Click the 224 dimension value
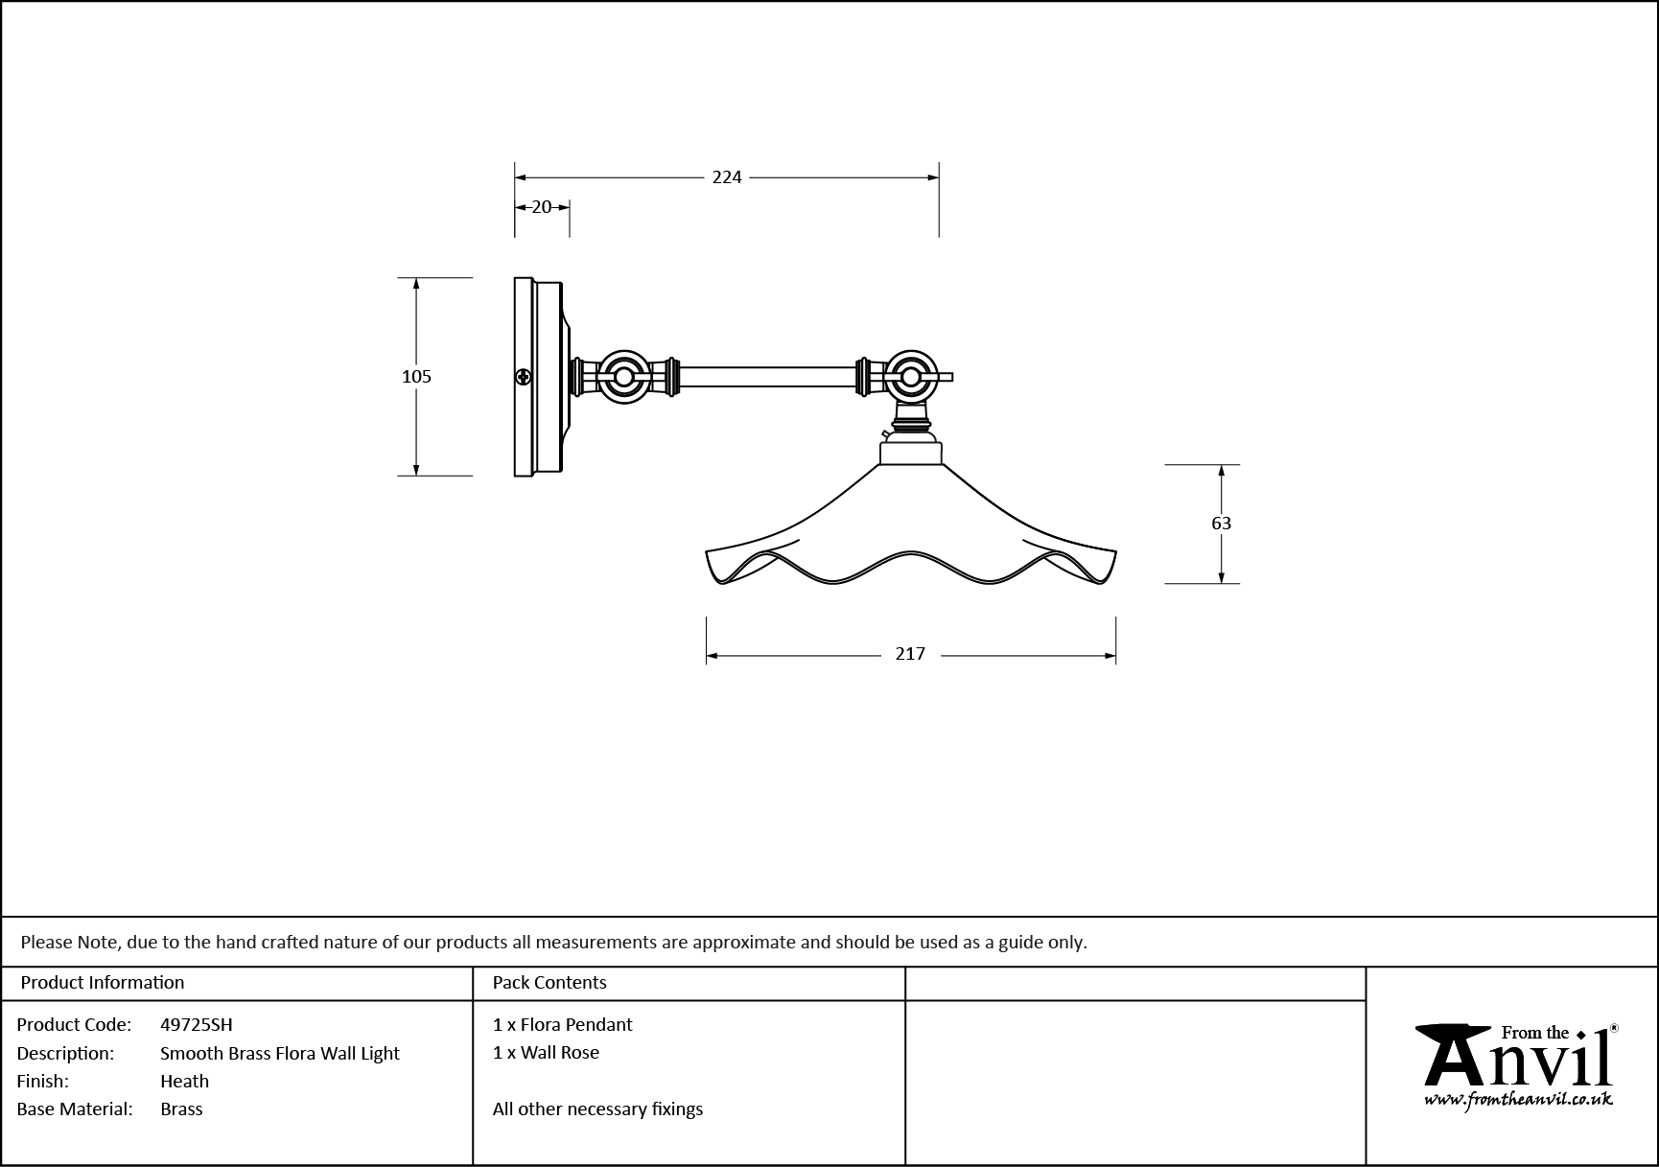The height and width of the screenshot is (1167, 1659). coord(727,177)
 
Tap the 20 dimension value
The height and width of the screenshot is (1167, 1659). coord(542,207)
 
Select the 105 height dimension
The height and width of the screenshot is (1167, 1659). coord(416,377)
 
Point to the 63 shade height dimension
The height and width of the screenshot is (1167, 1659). coord(1221,524)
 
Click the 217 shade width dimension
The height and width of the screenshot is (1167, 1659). coord(910,654)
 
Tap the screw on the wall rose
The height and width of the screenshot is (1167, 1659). coord(524,377)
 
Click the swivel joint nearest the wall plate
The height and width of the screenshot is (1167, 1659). coord(623,377)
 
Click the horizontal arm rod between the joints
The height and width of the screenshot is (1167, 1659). coord(767,377)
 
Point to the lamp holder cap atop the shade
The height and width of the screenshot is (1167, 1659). coord(911,452)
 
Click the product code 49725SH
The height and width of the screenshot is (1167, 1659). coord(196,1025)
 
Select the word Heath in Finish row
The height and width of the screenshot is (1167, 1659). coord(184,1082)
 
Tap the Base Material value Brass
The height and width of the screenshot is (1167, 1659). coord(181,1109)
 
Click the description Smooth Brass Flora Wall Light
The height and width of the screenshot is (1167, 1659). coord(279,1054)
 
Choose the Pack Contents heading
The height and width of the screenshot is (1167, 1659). coord(549,983)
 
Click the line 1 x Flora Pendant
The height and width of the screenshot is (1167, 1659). coord(562,1025)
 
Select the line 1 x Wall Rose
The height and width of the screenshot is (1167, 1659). coord(546,1053)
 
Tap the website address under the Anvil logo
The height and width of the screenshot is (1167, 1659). coord(1518,1100)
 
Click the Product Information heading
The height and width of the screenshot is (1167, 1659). coord(103,983)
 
